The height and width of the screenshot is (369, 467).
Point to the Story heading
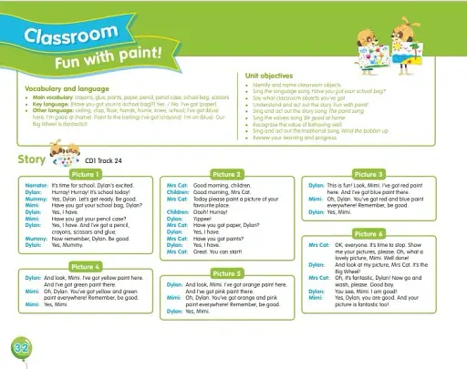click(31, 159)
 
